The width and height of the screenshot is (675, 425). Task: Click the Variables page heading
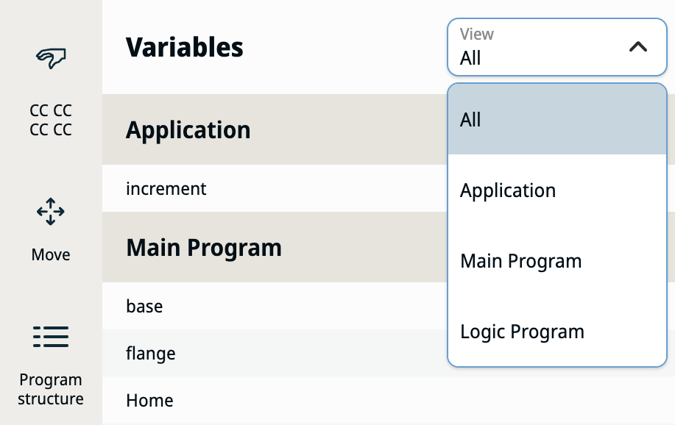point(184,47)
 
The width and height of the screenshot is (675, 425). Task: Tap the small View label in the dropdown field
point(476,34)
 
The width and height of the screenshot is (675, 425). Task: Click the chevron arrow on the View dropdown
point(638,46)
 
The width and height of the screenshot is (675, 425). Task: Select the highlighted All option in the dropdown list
point(470,120)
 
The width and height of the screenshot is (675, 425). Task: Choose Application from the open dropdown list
point(508,190)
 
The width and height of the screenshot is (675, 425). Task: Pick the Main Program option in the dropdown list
point(521,261)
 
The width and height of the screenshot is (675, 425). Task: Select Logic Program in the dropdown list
point(522,331)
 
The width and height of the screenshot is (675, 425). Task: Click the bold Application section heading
point(188,130)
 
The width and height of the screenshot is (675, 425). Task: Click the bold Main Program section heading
point(204,247)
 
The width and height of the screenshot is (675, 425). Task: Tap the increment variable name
point(166,188)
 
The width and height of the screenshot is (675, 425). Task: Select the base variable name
point(144,307)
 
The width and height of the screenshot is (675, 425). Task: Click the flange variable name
point(151,354)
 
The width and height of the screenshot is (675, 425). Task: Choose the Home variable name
point(150,401)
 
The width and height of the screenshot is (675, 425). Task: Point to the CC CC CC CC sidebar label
point(51,120)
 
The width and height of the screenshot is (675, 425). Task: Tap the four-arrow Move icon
point(51,212)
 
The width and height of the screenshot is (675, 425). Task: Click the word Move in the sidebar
point(51,254)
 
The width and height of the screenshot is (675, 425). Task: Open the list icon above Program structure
point(51,337)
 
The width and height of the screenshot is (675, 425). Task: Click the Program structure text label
point(51,389)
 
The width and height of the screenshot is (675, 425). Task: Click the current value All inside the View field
point(470,58)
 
